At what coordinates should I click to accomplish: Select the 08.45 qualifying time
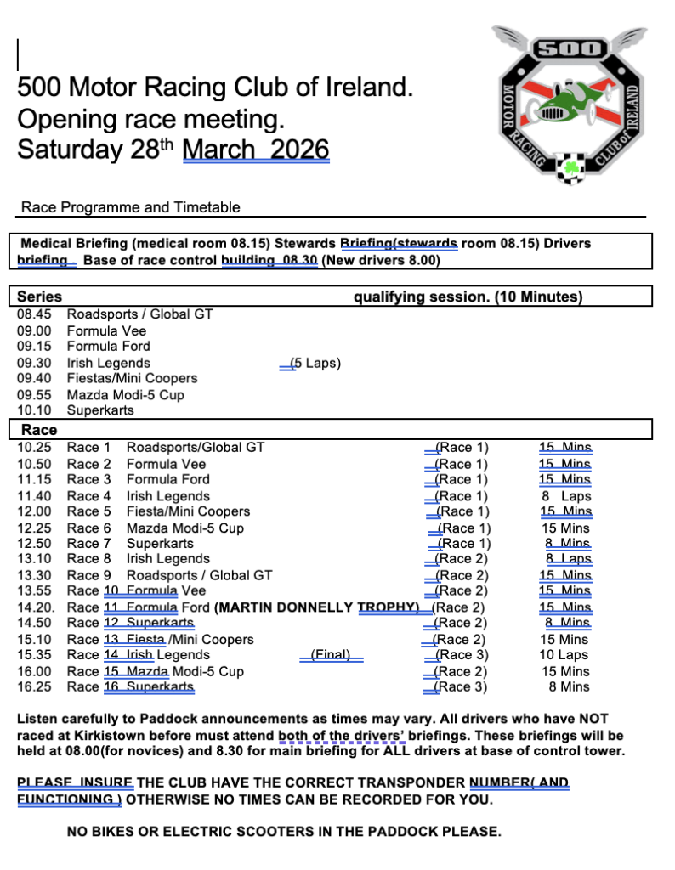[34, 314]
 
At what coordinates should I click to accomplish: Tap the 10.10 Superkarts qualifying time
[34, 410]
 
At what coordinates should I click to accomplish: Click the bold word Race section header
[39, 430]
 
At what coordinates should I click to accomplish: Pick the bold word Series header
[40, 297]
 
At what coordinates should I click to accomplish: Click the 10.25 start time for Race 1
[34, 447]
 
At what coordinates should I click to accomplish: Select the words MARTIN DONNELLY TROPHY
[316, 607]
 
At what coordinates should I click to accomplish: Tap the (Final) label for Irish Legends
[330, 655]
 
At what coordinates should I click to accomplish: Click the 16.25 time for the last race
[34, 687]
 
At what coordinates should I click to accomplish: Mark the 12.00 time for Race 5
[34, 511]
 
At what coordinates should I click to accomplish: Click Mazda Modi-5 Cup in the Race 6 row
[184, 528]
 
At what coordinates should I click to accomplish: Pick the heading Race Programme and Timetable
[131, 207]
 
